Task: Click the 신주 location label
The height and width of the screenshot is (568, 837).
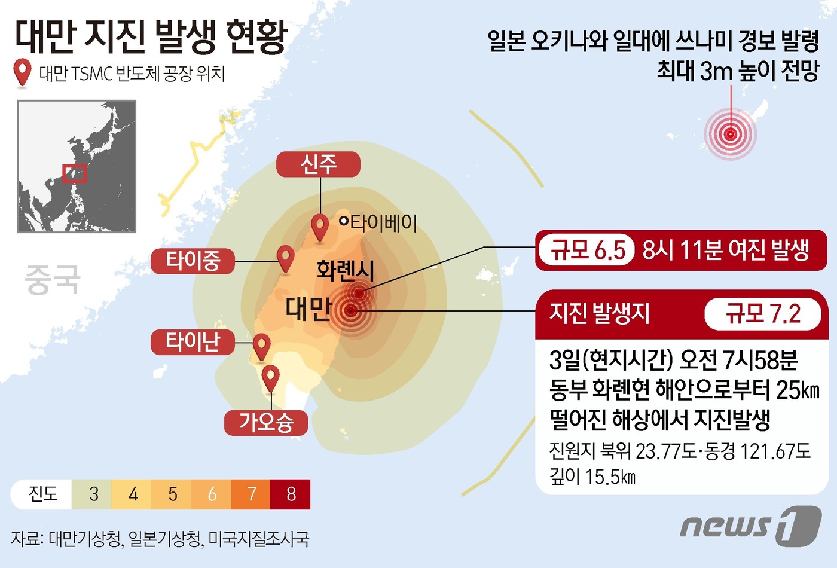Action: pyautogui.click(x=318, y=164)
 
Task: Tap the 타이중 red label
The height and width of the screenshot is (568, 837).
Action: pyautogui.click(x=193, y=261)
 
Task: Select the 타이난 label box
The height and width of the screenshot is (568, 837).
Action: pyautogui.click(x=193, y=342)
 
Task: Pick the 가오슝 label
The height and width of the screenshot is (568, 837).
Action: pyautogui.click(x=266, y=423)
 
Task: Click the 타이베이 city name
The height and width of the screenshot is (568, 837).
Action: pyautogui.click(x=383, y=223)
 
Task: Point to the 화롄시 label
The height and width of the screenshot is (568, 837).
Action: pyautogui.click(x=346, y=270)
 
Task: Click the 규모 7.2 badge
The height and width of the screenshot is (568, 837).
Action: pyautogui.click(x=763, y=313)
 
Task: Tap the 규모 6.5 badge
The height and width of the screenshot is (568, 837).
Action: pyautogui.click(x=588, y=250)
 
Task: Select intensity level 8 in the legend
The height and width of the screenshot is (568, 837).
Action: pyautogui.click(x=291, y=494)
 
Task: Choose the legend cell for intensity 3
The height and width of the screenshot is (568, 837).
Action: pyautogui.click(x=93, y=494)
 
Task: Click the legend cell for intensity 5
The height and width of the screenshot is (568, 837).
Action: pyautogui.click(x=172, y=494)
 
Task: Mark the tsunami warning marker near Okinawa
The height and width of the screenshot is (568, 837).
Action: pyautogui.click(x=730, y=134)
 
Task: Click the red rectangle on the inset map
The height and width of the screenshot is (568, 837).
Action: pyautogui.click(x=75, y=173)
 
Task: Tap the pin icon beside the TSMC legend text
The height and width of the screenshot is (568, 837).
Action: pyautogui.click(x=23, y=72)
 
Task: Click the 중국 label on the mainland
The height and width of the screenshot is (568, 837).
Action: pyautogui.click(x=53, y=280)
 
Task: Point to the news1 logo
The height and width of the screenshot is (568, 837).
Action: pyautogui.click(x=750, y=526)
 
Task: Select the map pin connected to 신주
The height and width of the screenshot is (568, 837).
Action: pyautogui.click(x=320, y=227)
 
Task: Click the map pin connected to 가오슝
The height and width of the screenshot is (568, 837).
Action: pyautogui.click(x=271, y=378)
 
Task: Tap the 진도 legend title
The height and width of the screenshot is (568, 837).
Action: pyautogui.click(x=43, y=494)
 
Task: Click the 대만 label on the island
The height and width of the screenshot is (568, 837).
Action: pyautogui.click(x=308, y=309)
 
